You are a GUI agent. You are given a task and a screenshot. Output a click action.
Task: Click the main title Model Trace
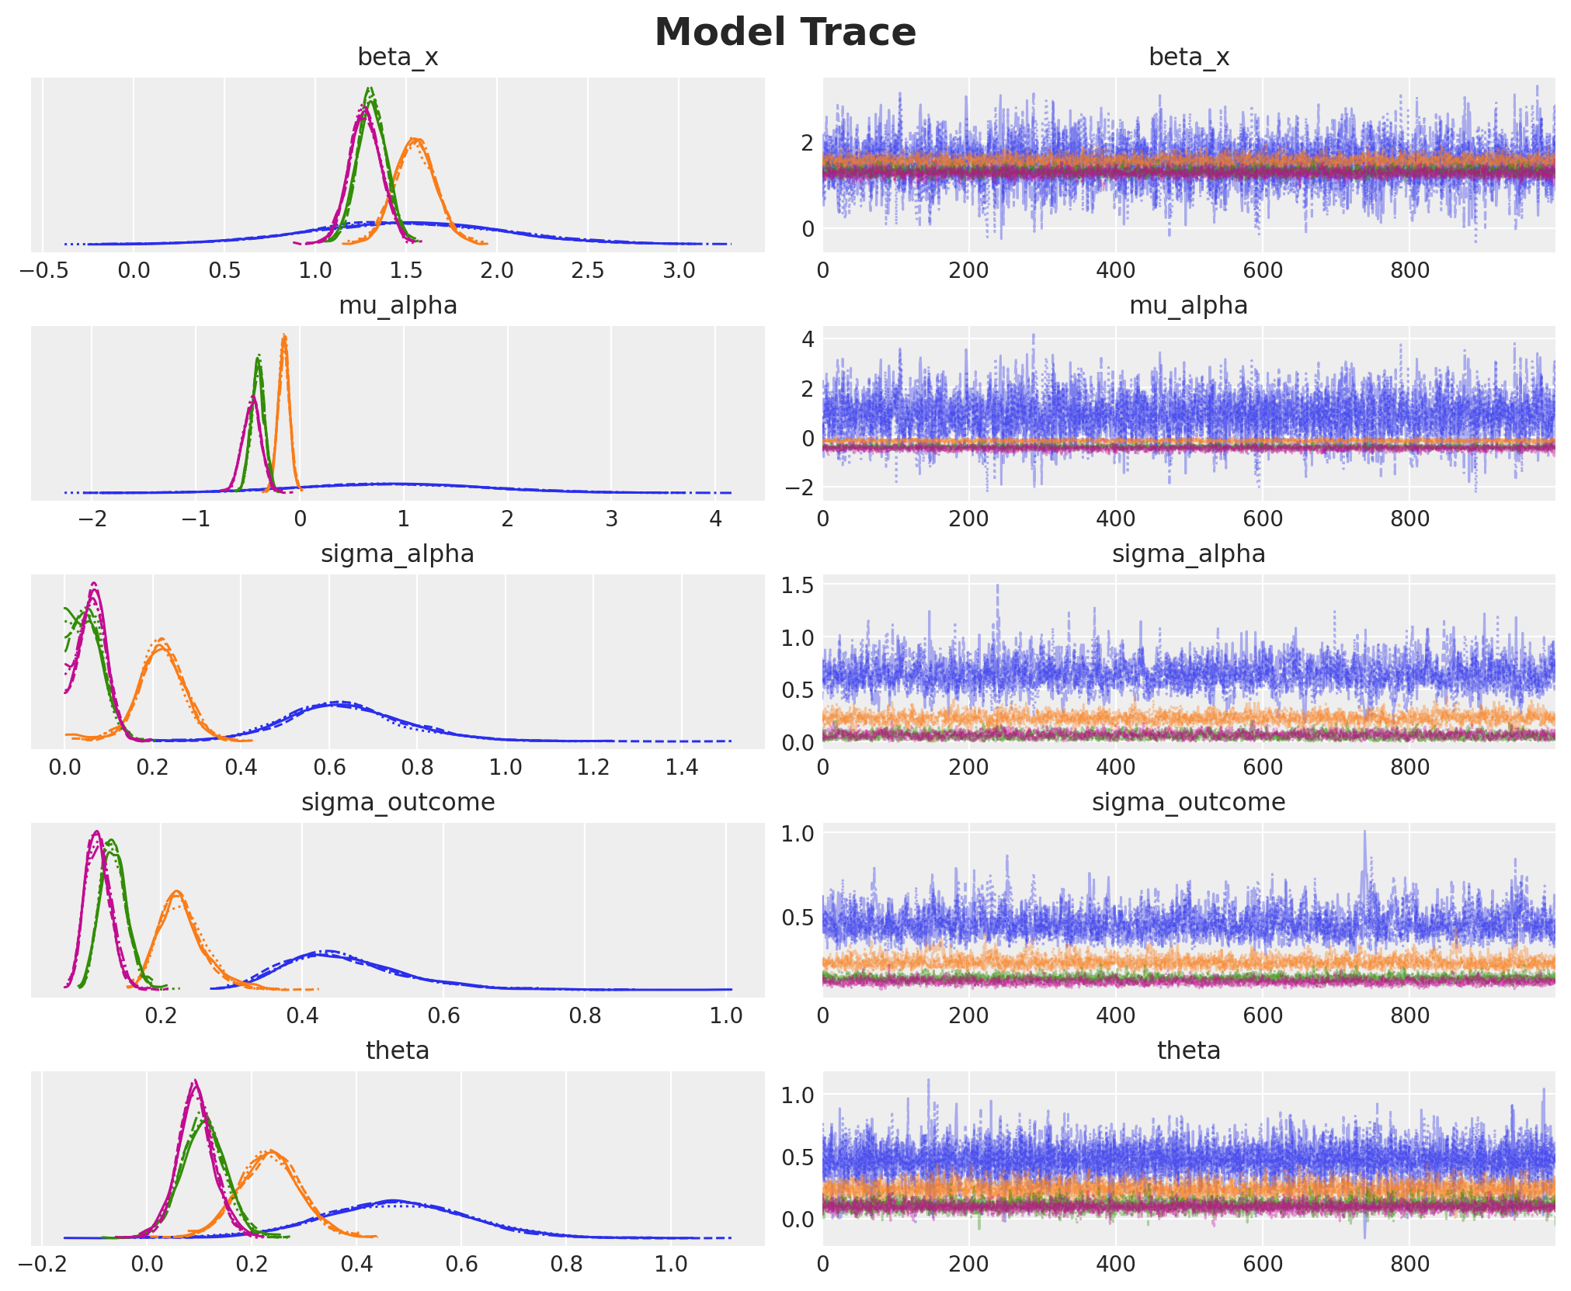(x=785, y=33)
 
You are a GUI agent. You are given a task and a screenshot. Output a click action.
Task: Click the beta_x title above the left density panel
(x=398, y=57)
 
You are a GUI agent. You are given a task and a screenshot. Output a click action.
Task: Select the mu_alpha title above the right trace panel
(x=1188, y=306)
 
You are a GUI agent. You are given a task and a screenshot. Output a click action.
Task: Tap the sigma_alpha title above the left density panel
(x=398, y=554)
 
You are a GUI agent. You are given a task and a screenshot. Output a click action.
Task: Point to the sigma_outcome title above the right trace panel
(x=1188, y=803)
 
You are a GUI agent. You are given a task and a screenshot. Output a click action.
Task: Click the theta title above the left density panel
(x=398, y=1051)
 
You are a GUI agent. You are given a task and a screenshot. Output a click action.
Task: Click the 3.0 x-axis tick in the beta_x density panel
(x=679, y=271)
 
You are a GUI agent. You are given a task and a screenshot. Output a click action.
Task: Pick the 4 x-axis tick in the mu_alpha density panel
(x=715, y=519)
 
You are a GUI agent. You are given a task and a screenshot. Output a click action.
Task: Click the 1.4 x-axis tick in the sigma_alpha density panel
(x=682, y=768)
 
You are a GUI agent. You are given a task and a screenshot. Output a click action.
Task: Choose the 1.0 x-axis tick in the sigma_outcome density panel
(x=726, y=1016)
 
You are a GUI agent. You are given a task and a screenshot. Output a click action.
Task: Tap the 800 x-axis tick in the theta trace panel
(x=1409, y=1265)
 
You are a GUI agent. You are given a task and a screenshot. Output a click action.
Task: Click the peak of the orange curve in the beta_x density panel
(x=416, y=140)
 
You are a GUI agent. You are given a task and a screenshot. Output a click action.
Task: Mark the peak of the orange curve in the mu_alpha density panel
(x=284, y=336)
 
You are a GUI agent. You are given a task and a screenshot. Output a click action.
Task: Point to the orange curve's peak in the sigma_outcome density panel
(x=176, y=891)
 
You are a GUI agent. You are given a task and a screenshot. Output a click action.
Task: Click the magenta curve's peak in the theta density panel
(x=194, y=1081)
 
